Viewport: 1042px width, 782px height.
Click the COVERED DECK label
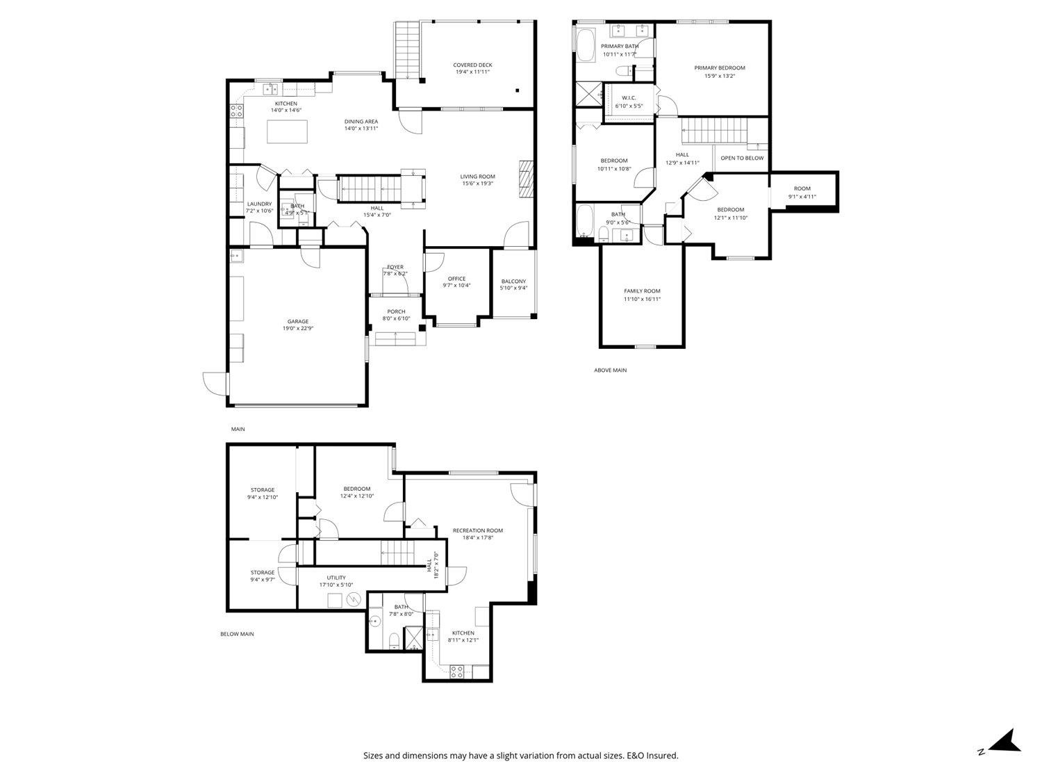pyautogui.click(x=473, y=65)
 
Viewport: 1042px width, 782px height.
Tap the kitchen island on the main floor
pyautogui.click(x=288, y=131)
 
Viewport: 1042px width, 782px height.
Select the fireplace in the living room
pyautogui.click(x=526, y=180)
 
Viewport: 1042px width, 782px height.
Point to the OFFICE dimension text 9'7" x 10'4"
pyautogui.click(x=456, y=286)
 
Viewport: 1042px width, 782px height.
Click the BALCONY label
pyautogui.click(x=513, y=282)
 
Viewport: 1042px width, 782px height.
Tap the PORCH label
pyautogui.click(x=396, y=311)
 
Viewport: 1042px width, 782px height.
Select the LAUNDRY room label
pyautogui.click(x=259, y=204)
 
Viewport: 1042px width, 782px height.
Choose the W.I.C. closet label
pyautogui.click(x=629, y=98)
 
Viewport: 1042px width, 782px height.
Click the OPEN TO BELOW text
pyautogui.click(x=741, y=158)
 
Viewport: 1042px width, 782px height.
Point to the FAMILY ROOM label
pyautogui.click(x=641, y=291)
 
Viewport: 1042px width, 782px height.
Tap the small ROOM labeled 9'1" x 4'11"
pyautogui.click(x=802, y=188)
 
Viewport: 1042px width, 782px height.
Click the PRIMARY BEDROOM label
pyautogui.click(x=719, y=68)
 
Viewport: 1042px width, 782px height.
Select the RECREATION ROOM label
pyautogui.click(x=477, y=530)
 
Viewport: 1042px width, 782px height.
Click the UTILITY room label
pyautogui.click(x=336, y=578)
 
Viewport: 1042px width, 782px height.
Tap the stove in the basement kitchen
pyautogui.click(x=457, y=671)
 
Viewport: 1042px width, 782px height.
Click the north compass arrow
pyautogui.click(x=1005, y=740)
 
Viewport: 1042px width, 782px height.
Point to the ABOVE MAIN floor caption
pyautogui.click(x=610, y=370)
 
